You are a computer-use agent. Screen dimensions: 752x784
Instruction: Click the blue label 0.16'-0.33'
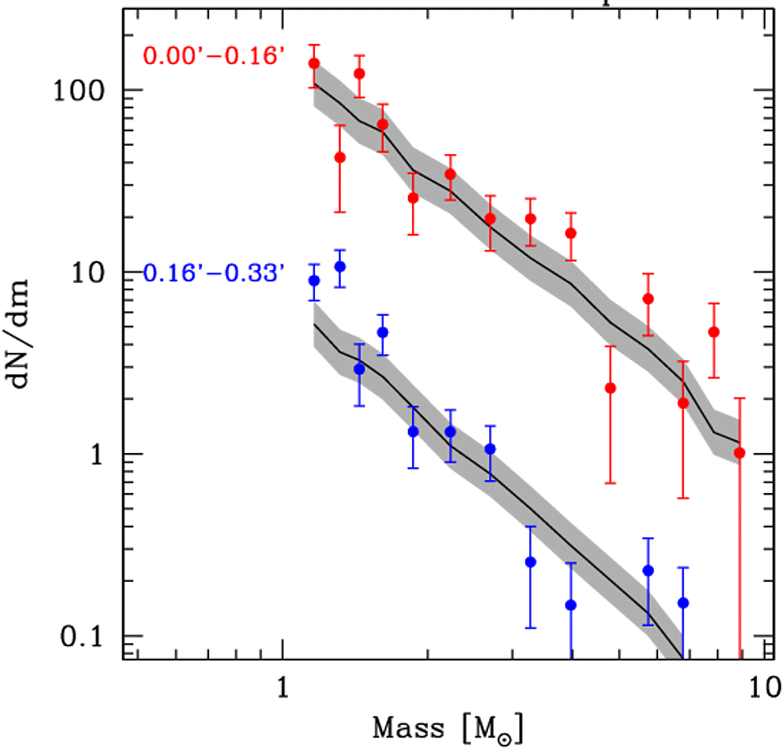click(214, 274)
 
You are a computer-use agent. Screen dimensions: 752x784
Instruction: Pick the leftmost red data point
click(314, 63)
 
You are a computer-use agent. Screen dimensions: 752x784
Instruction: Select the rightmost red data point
click(739, 453)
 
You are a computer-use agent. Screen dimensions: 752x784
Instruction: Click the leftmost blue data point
click(314, 281)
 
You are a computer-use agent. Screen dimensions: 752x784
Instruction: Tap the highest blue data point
click(339, 266)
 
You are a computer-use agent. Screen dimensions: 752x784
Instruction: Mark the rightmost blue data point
click(683, 603)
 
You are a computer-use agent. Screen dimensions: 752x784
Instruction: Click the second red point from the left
click(339, 158)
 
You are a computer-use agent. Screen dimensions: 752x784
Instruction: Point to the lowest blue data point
click(571, 605)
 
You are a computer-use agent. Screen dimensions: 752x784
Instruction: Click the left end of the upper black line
click(314, 83)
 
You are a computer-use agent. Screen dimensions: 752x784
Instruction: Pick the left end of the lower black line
click(314, 324)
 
